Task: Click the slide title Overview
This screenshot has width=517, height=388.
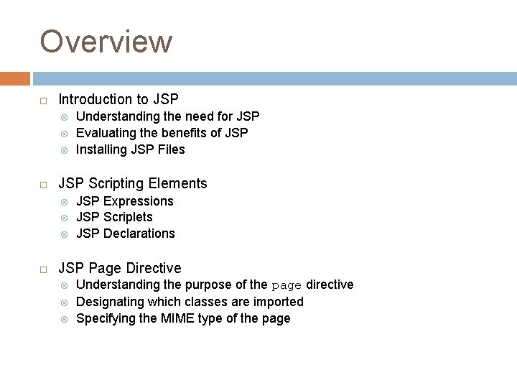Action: tap(106, 42)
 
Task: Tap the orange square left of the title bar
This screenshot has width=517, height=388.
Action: tap(15, 78)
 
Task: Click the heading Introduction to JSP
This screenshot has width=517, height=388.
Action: tap(118, 99)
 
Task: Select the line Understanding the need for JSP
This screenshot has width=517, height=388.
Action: tap(167, 116)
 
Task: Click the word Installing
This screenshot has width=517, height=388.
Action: tap(101, 149)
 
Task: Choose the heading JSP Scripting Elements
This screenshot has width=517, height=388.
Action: tap(133, 183)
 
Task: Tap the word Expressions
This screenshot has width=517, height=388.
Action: tap(139, 201)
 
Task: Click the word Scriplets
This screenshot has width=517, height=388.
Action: tap(128, 217)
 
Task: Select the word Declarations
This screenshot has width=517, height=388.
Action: tap(139, 234)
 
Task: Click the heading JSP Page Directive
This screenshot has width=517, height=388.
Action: tap(120, 268)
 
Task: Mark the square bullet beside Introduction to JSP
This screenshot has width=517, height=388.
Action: tap(44, 100)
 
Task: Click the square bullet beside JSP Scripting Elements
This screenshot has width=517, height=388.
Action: tap(44, 184)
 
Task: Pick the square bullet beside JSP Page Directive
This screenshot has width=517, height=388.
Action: tap(44, 269)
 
